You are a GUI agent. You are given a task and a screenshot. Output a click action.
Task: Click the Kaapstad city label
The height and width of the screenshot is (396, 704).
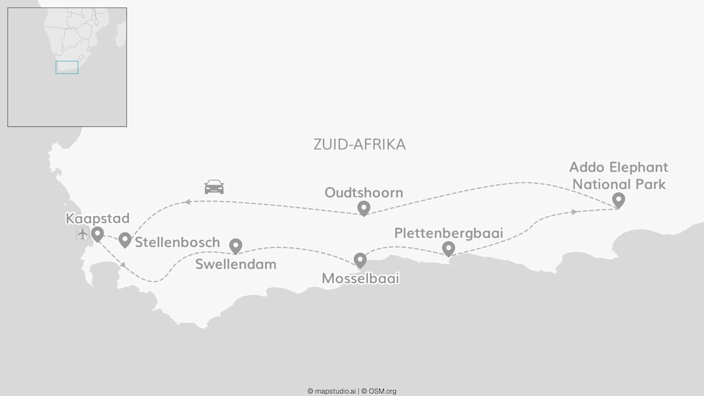click(97, 218)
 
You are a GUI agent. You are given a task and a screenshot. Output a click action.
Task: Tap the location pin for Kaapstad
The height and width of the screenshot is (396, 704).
click(97, 234)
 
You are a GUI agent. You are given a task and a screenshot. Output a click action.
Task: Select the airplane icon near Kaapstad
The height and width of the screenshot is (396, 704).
click(82, 234)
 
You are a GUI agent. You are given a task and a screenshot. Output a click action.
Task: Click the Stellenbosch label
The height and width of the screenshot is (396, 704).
click(177, 242)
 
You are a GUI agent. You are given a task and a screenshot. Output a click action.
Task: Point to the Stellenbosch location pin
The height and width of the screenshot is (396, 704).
click(125, 239)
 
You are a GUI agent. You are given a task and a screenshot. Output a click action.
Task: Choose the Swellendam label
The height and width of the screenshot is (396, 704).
click(235, 265)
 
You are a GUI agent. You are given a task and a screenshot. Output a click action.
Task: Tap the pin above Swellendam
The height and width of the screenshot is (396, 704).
click(235, 246)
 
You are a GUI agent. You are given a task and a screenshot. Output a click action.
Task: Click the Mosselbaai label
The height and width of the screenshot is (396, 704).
click(360, 279)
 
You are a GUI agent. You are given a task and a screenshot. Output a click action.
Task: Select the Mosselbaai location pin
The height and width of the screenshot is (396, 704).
click(360, 260)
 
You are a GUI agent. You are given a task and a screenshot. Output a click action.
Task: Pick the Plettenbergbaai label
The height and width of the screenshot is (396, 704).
click(449, 233)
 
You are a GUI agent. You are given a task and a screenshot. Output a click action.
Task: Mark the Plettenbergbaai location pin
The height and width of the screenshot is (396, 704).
click(449, 249)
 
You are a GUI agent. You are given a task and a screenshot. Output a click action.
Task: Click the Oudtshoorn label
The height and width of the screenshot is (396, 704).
click(364, 193)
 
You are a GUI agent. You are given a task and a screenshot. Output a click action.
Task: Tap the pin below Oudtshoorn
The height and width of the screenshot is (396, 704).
click(364, 208)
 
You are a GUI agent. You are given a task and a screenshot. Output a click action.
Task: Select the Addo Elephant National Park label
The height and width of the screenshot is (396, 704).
click(619, 175)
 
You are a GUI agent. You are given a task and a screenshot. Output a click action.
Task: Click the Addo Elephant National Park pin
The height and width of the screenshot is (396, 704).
click(619, 200)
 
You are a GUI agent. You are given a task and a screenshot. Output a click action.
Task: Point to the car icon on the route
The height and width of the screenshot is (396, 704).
click(214, 187)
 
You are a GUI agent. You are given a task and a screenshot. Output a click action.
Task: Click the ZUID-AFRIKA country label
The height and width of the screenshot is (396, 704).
click(360, 145)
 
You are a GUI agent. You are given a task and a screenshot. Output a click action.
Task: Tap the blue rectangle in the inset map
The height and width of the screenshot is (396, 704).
click(67, 67)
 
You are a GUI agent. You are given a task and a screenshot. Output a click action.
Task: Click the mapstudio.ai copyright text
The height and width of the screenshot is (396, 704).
click(332, 391)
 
